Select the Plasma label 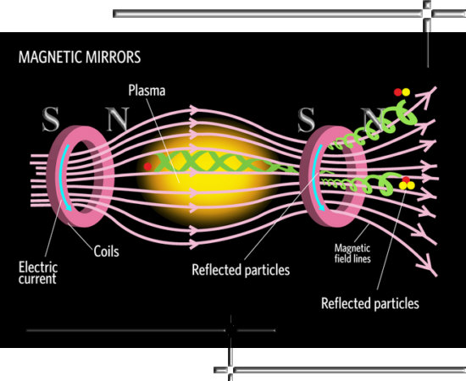point(147,91)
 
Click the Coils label point(107,251)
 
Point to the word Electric point(38,268)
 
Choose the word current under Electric point(37,279)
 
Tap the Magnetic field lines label point(352,253)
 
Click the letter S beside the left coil point(51,119)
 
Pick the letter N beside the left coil point(118,119)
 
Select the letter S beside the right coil point(307,119)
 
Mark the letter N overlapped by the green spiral point(373,119)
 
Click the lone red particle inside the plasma point(147,167)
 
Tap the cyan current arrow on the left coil point(63,177)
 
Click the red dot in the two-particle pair point(397,92)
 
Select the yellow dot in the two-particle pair point(406,92)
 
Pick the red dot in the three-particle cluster point(406,179)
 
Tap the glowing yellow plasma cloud point(208,177)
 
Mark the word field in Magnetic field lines point(343,258)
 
